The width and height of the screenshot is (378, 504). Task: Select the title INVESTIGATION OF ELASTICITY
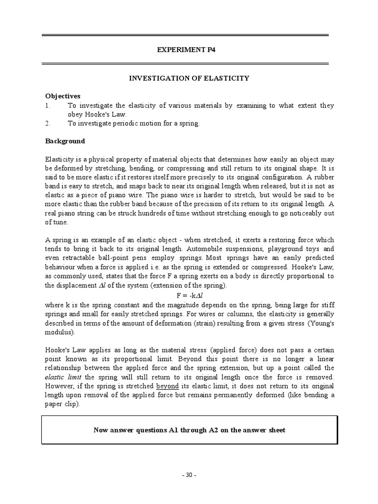coord(189,78)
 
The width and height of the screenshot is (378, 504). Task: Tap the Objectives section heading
coord(63,96)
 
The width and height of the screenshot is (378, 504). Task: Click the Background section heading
coord(65,141)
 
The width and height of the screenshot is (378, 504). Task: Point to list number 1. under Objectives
coord(48,105)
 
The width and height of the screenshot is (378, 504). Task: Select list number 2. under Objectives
coord(48,123)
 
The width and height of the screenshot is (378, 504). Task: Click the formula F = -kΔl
coord(189,296)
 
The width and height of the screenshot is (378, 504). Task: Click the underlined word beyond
coord(167,386)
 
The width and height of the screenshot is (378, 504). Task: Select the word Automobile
coord(199,249)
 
